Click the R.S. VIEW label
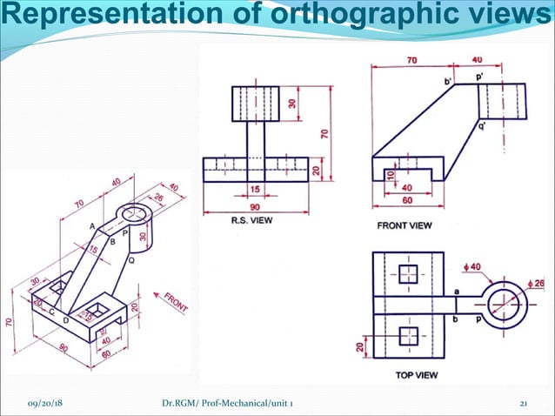251,221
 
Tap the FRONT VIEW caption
404,225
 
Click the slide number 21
524,404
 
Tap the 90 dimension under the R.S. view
255,207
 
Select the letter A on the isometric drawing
92,225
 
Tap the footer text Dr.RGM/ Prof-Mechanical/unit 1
233,404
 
